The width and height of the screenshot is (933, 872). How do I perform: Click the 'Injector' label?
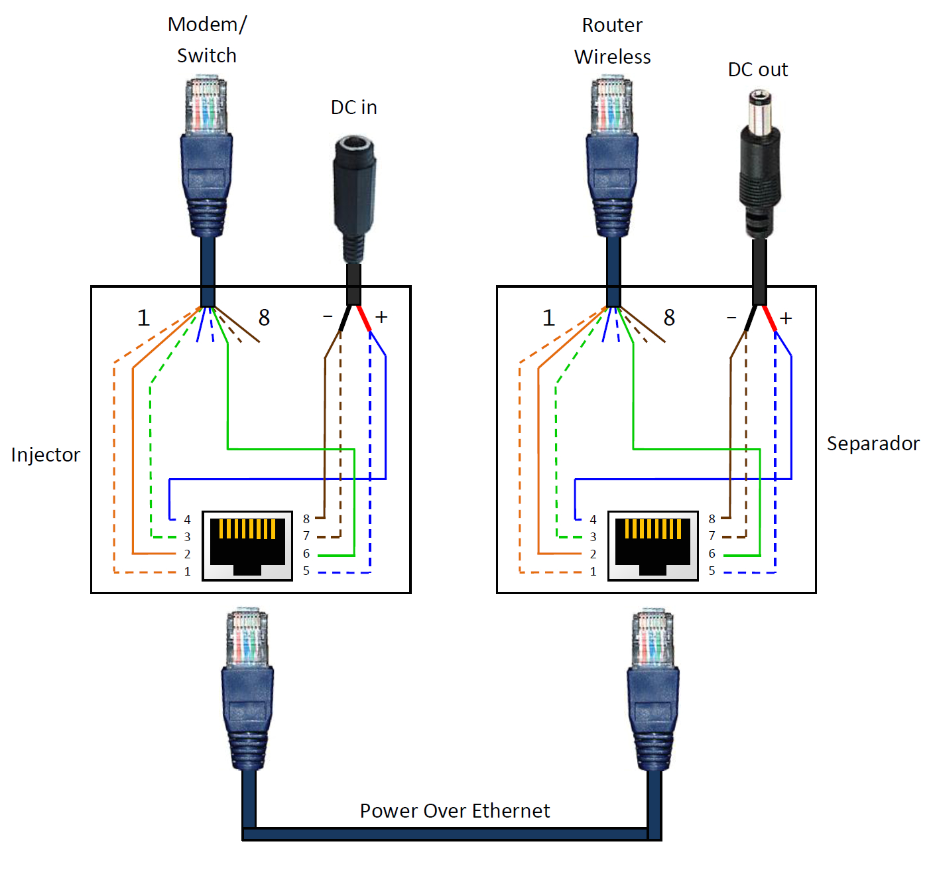click(x=46, y=455)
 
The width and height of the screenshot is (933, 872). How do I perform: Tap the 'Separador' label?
click(x=873, y=444)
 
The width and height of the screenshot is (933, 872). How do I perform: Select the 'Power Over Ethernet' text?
click(x=455, y=810)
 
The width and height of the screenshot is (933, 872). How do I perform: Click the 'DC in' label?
click(x=353, y=107)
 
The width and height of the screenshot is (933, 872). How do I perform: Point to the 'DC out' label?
click(x=758, y=70)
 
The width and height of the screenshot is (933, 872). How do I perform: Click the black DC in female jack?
click(x=354, y=192)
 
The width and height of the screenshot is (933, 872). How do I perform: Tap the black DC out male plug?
click(x=760, y=166)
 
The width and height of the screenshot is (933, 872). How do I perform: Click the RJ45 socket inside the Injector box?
click(x=247, y=546)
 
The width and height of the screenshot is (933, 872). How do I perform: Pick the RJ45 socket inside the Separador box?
click(x=653, y=546)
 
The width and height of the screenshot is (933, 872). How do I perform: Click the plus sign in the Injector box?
click(x=381, y=317)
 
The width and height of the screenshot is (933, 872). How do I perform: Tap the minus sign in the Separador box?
click(x=731, y=318)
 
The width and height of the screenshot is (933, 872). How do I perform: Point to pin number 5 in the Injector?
click(x=306, y=571)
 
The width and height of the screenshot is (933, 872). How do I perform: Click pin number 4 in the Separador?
click(x=593, y=519)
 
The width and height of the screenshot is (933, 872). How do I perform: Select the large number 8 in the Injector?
click(x=264, y=318)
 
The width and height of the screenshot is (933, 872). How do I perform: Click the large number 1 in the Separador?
click(x=548, y=318)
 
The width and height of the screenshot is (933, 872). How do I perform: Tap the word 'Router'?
click(x=612, y=25)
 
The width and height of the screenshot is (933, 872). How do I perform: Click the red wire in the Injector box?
click(x=363, y=318)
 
